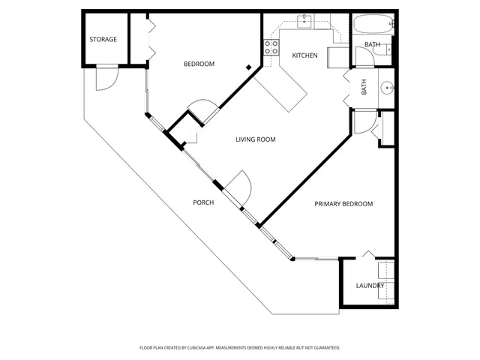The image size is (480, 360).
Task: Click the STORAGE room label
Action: coord(103,39)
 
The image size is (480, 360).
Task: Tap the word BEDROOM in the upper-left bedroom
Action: coord(199,64)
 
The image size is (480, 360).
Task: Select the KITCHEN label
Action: coord(304,55)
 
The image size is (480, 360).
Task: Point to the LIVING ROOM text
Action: coord(256,139)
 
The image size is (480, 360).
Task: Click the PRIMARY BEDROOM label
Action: coord(343,203)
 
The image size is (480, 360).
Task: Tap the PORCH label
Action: coord(203,202)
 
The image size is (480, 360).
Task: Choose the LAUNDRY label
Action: coord(370,285)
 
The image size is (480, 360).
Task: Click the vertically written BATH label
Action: coord(364,88)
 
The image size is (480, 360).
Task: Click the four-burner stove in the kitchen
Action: coord(271,47)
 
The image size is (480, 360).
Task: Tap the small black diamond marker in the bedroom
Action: coord(249,68)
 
